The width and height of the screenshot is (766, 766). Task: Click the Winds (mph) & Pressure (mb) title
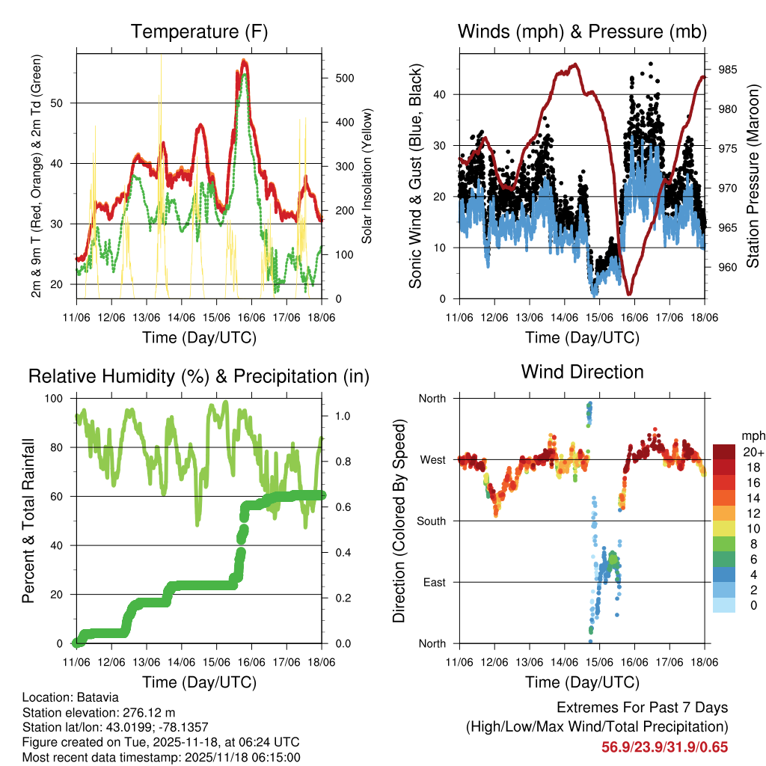point(582,32)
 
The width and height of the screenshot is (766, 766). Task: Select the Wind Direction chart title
point(582,372)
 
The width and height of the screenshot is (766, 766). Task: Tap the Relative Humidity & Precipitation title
point(198,376)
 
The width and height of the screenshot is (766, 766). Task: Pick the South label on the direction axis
point(432,521)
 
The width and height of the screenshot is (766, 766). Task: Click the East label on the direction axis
point(434,582)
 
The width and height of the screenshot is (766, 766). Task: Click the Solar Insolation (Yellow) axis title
point(367,177)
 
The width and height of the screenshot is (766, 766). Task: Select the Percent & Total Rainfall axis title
point(28,521)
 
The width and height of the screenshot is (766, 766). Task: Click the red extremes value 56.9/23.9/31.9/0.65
point(664,747)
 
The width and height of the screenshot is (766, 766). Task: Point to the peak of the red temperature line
point(245,61)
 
